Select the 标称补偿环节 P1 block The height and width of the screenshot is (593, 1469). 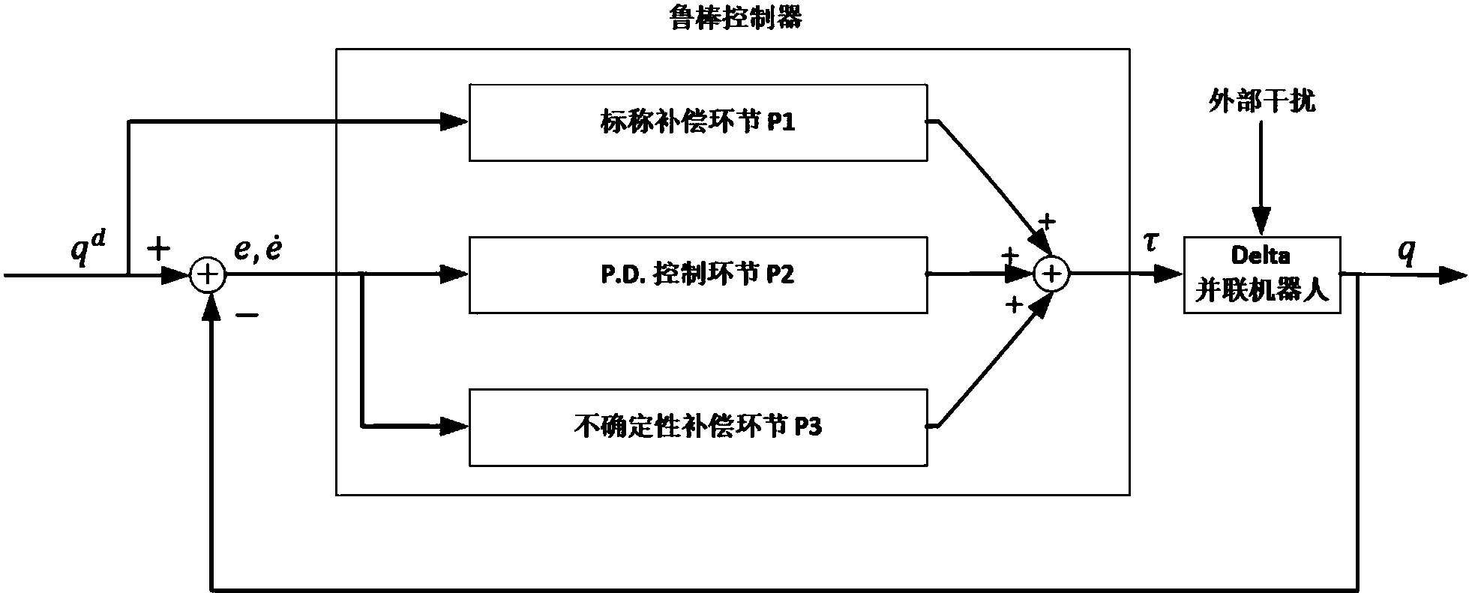tap(697, 122)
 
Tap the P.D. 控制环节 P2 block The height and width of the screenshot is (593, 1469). tap(697, 275)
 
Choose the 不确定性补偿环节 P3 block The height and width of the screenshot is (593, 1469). tap(697, 427)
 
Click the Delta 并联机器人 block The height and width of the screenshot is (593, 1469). tap(1261, 275)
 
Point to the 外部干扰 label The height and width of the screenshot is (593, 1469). tap(1261, 100)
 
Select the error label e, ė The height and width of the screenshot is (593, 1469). tap(258, 250)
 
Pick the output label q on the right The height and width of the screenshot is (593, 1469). tap(1407, 253)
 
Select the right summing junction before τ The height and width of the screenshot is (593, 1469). tap(1051, 275)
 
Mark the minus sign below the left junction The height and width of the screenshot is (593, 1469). tap(247, 316)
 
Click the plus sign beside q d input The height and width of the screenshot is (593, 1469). tap(159, 250)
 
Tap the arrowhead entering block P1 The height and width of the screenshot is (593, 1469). tap(454, 121)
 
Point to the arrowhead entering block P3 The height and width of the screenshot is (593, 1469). tap(454, 427)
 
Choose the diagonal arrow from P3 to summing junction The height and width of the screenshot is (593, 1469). tap(990, 364)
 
